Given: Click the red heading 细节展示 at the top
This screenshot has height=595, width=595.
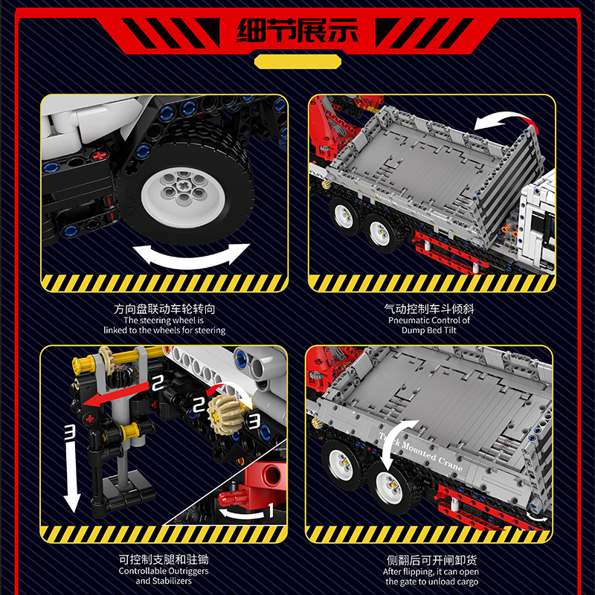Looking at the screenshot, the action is [297, 30].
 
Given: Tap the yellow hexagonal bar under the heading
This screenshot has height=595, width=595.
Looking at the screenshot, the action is [297, 62].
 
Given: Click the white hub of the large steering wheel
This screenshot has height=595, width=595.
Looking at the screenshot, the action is [183, 196].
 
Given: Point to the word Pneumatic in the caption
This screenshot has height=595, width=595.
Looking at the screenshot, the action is [405, 321].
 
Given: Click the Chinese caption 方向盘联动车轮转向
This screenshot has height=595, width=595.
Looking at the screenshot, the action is [164, 309].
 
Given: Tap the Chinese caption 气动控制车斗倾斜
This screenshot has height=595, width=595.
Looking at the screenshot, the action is [429, 309].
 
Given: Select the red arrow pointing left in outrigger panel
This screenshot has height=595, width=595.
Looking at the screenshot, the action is [116, 395].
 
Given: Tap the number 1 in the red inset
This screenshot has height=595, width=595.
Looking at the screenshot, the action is [271, 510].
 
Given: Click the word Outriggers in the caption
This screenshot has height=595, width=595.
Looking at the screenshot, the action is [187, 571].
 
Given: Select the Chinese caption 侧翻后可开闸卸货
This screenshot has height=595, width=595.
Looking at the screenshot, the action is [431, 560].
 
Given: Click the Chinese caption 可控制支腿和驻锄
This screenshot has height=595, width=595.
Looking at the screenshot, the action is [164, 559].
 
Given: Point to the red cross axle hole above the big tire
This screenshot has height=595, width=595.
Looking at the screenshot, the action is [99, 155].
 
